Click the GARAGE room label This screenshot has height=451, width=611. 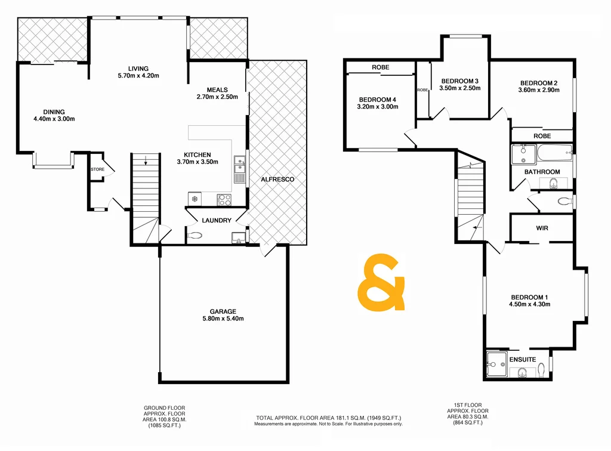click(223, 311)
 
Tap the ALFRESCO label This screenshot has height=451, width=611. click(277, 180)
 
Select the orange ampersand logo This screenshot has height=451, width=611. click(381, 283)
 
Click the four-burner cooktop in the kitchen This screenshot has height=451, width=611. click(225, 200)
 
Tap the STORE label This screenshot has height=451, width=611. click(97, 169)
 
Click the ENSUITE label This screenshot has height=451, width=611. click(523, 359)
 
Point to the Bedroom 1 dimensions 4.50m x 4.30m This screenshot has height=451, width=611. click(529, 304)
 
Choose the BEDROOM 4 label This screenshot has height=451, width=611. click(378, 100)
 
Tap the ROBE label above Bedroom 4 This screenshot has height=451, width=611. click(380, 67)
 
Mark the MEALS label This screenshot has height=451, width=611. click(217, 90)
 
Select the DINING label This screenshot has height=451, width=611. click(54, 112)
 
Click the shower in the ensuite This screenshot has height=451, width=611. click(495, 363)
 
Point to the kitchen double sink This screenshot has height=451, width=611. click(239, 169)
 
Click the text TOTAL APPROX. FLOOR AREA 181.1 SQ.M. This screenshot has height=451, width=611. click(328, 418)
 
